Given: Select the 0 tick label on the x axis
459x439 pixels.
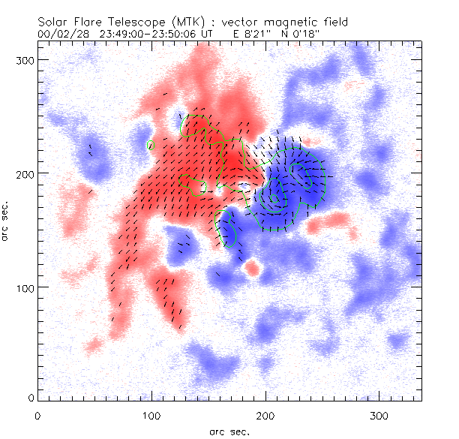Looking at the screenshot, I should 37,415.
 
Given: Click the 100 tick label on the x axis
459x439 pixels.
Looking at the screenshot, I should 151,415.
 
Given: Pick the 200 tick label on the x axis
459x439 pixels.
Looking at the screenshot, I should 265,415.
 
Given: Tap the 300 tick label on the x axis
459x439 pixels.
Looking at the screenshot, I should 379,415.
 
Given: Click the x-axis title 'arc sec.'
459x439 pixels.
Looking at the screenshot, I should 229,431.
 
